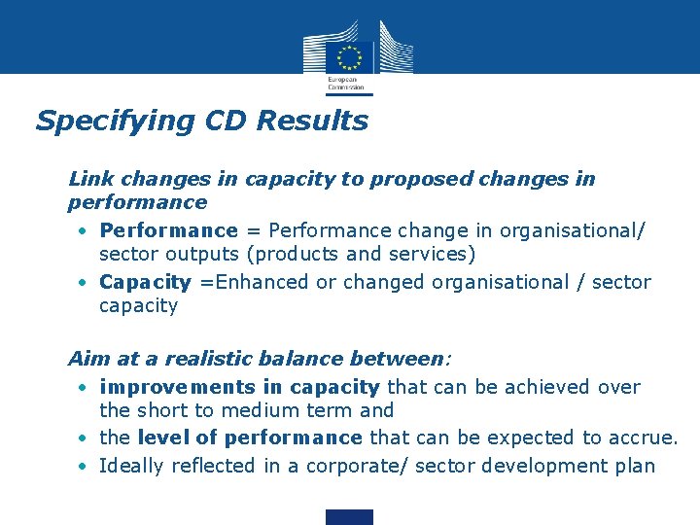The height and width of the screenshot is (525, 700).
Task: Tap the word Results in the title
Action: (x=325, y=122)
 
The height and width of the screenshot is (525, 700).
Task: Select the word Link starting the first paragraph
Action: (x=90, y=179)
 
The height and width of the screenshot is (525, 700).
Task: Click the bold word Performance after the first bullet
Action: (x=168, y=230)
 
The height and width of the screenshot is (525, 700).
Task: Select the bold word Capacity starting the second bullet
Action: (x=145, y=282)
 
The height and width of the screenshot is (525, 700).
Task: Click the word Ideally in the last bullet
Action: (x=131, y=466)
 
